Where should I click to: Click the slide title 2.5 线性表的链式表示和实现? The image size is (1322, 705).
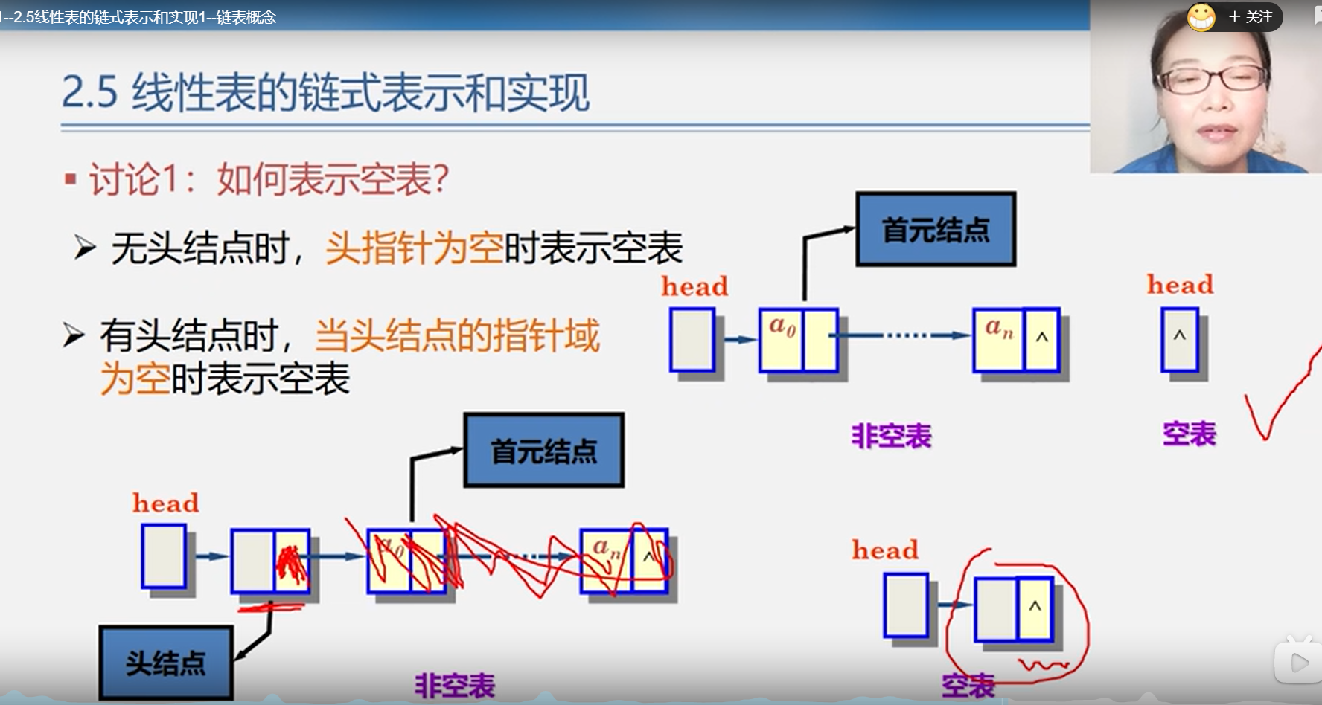tap(325, 93)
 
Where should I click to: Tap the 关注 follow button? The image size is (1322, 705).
tap(1251, 16)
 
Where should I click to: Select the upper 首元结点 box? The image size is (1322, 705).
tap(936, 229)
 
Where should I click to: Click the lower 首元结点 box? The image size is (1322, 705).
tap(543, 451)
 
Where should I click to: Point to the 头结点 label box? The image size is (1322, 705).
tap(165, 663)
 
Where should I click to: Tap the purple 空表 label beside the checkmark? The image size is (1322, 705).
tap(1189, 434)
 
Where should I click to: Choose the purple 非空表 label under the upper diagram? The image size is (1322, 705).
tap(891, 436)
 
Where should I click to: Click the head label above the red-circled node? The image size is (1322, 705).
tap(885, 550)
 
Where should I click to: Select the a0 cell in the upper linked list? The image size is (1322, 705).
tap(782, 340)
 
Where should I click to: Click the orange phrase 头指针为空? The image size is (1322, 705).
tap(414, 248)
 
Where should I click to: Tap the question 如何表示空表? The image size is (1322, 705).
tap(333, 179)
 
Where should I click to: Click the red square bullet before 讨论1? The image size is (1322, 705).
tap(71, 178)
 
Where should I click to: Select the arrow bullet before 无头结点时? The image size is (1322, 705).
tap(84, 247)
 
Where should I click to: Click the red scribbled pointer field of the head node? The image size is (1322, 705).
tap(291, 561)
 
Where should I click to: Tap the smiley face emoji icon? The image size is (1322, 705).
tap(1201, 16)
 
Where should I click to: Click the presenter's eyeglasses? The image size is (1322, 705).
tap(1211, 80)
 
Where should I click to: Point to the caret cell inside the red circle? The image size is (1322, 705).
tap(1035, 608)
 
